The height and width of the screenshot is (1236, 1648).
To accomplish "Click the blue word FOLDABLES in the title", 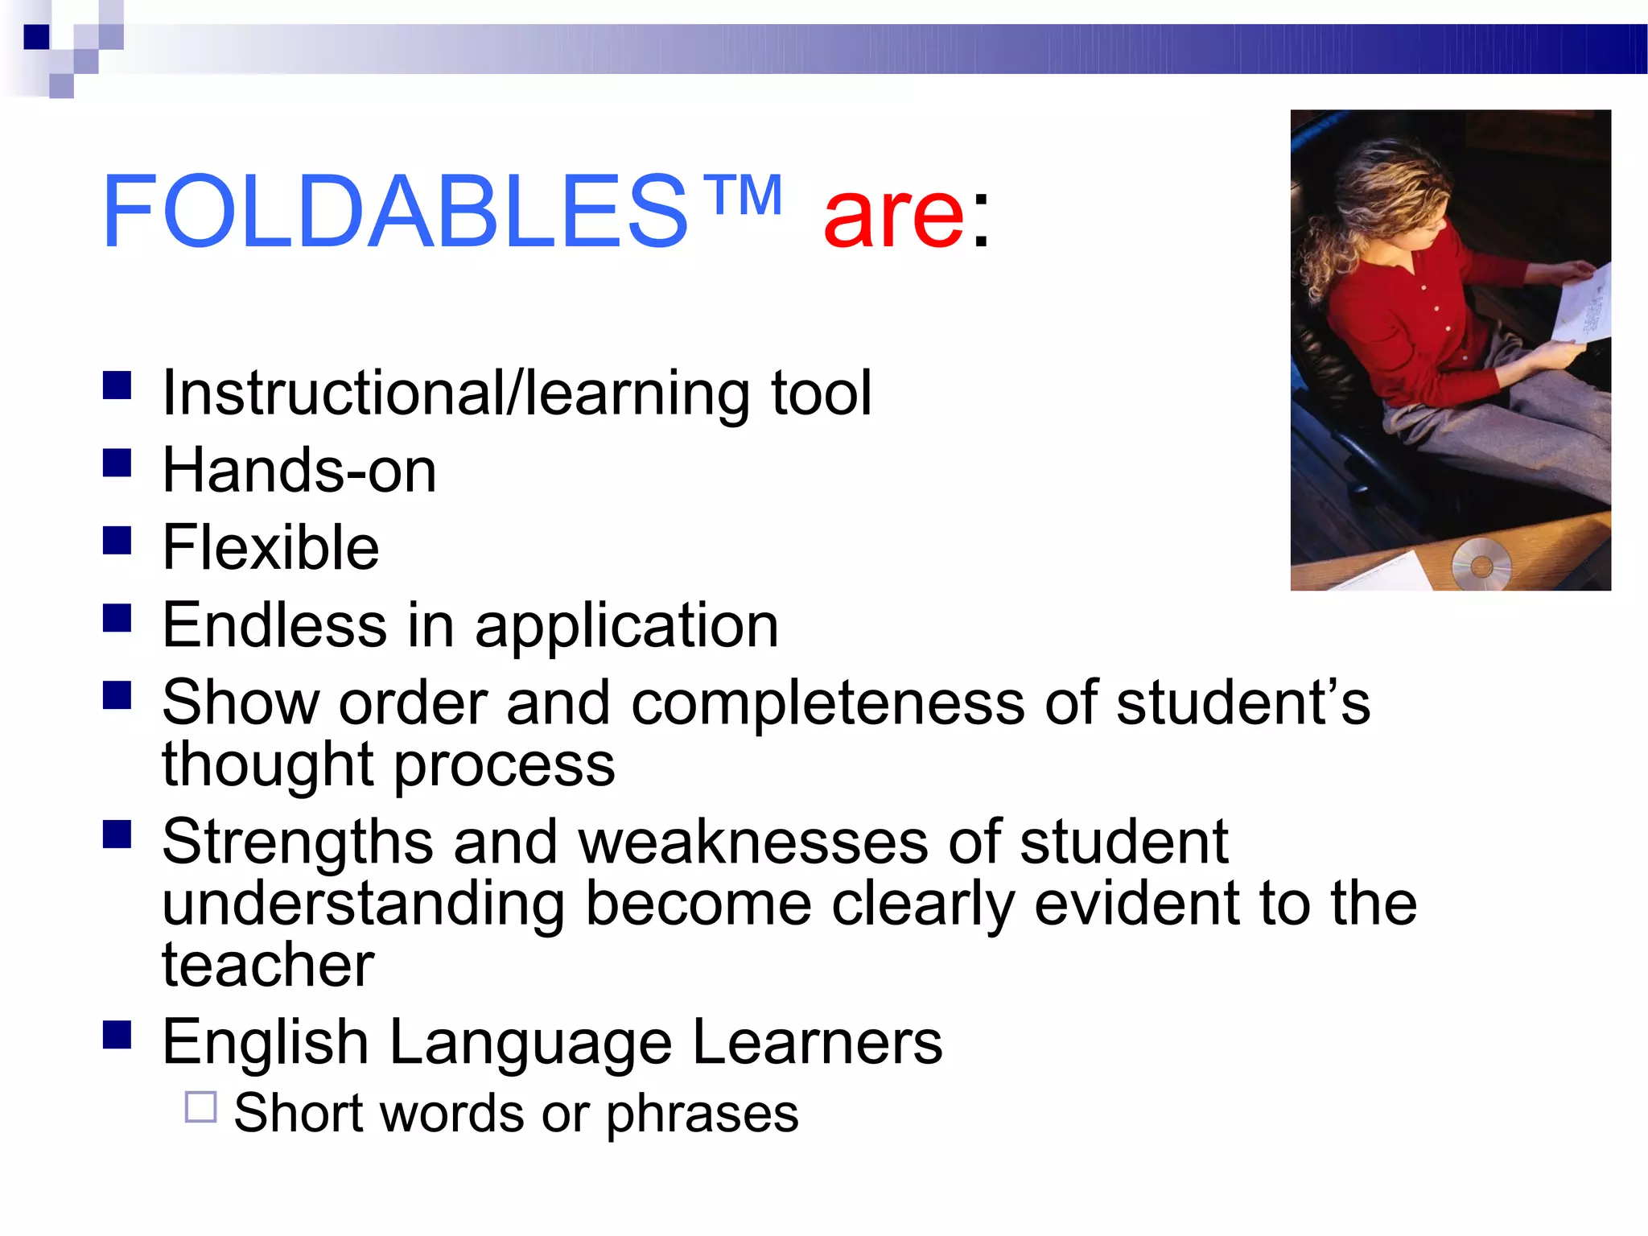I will click(394, 212).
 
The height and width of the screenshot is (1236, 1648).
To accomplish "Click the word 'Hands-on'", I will click(299, 470).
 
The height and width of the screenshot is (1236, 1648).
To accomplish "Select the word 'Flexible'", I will click(270, 547).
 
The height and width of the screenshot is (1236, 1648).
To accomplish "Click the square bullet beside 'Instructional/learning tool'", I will click(117, 385).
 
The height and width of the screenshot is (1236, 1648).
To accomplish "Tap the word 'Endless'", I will click(274, 625).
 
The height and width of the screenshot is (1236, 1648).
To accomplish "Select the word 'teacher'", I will click(268, 965).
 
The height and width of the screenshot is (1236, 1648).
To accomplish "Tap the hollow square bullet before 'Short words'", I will click(200, 1107).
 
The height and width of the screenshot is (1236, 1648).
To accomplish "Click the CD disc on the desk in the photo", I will click(1481, 565).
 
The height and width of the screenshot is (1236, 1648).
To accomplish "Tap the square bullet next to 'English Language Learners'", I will click(117, 1035).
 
